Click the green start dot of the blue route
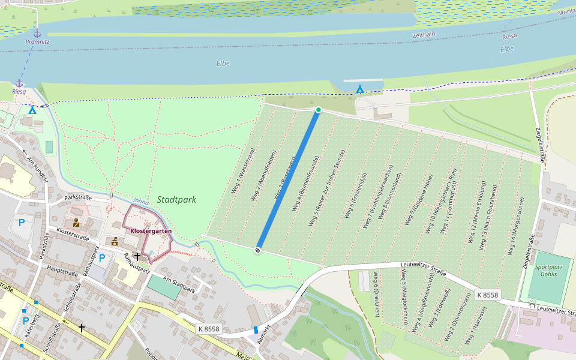coord(319,110)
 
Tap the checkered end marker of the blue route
coord(257,250)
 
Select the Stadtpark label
coord(176,199)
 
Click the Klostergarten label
coord(151,231)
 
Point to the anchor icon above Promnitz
coord(37,33)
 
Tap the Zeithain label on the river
coord(424,35)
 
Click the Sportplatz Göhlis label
coord(546,270)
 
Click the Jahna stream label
coord(140,201)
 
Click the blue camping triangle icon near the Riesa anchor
coord(32,110)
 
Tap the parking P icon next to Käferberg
coord(25,321)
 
